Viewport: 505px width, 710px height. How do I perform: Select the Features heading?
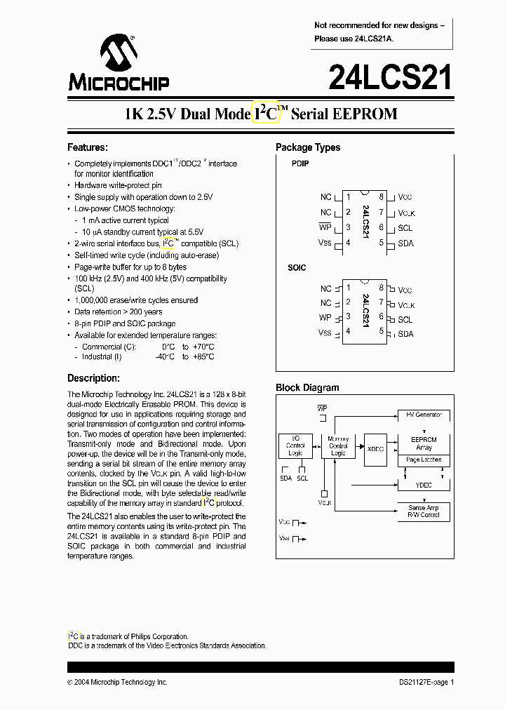87,147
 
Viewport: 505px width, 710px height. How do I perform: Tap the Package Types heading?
307,147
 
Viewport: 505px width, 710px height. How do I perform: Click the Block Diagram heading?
307,387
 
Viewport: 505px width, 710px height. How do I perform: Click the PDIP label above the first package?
300,163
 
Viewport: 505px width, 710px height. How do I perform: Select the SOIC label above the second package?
297,268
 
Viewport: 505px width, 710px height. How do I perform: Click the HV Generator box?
424,415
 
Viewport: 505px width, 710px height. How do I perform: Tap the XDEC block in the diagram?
375,448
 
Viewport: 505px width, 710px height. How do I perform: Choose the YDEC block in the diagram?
424,484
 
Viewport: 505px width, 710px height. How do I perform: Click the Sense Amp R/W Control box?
424,511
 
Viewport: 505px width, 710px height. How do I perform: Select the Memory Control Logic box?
338,446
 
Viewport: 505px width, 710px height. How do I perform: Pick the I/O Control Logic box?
295,446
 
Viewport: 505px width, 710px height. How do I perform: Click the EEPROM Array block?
424,443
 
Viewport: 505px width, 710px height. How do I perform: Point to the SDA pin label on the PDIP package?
405,243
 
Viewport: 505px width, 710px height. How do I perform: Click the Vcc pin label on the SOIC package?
405,290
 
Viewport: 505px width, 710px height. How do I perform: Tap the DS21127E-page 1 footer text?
422,682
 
